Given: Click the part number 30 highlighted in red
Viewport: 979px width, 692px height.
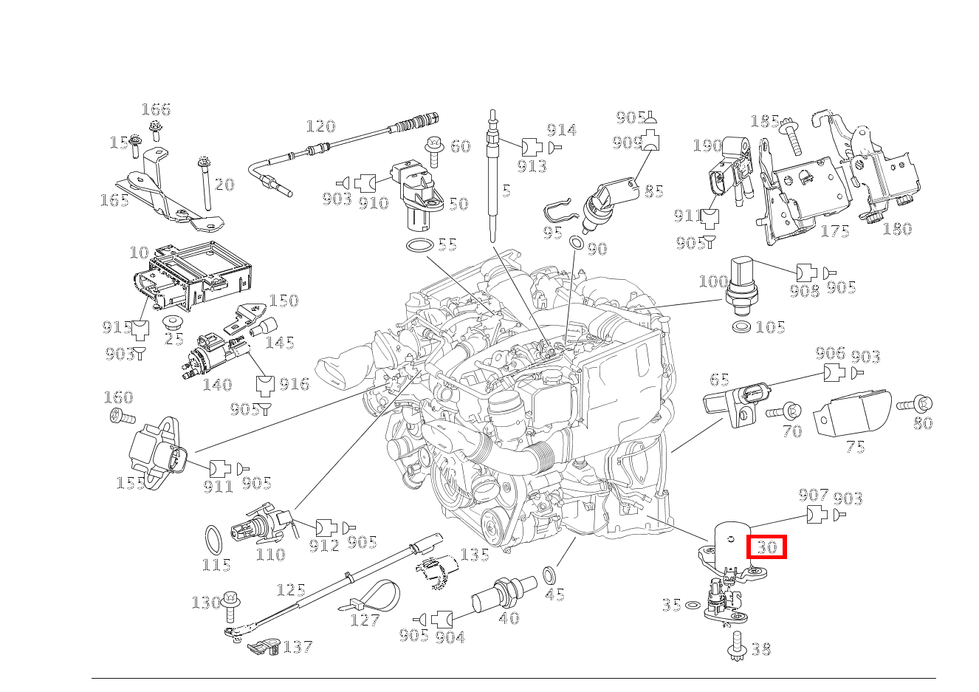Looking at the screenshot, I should [767, 547].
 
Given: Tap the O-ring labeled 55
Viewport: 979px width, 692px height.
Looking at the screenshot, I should [420, 245].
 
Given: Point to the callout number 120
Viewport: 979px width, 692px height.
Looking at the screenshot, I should [320, 127].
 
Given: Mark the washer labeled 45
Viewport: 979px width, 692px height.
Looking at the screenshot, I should [551, 575].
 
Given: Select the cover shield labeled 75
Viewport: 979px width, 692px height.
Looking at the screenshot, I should [850, 416].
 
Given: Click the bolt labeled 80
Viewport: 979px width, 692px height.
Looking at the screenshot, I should [916, 404].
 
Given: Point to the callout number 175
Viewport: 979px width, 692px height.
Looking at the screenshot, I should [835, 231].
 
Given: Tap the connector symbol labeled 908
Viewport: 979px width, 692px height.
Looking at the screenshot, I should [805, 273].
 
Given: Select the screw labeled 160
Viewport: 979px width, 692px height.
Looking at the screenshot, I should [121, 417].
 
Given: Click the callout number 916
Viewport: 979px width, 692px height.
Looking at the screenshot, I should [294, 384].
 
